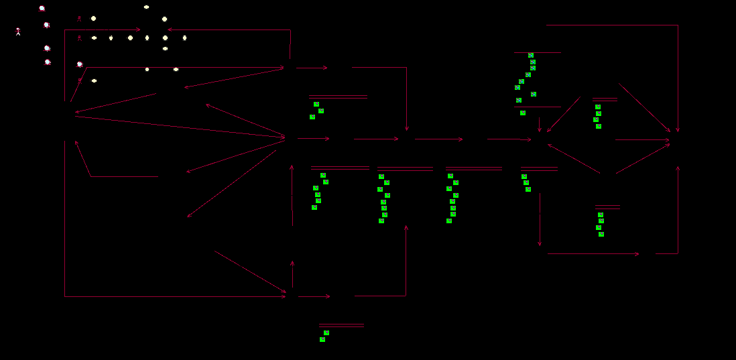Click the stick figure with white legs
point(18,31)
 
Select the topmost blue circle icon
point(42,9)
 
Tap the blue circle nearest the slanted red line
point(80,64)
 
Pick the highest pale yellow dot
point(146,7)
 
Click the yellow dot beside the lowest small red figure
point(94,80)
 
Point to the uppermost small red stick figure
point(79,19)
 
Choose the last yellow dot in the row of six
point(184,38)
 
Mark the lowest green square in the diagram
point(322,339)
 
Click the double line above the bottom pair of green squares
point(341,325)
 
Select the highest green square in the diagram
point(531,55)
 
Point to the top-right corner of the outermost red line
point(678,25)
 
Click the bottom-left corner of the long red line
point(65,296)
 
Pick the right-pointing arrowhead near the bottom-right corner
point(637,253)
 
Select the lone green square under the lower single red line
point(523,113)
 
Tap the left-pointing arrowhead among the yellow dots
point(168,29)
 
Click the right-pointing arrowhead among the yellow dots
point(139,29)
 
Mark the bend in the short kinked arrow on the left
point(90,176)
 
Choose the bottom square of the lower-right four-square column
point(601,234)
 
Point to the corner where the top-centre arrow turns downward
point(406,67)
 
